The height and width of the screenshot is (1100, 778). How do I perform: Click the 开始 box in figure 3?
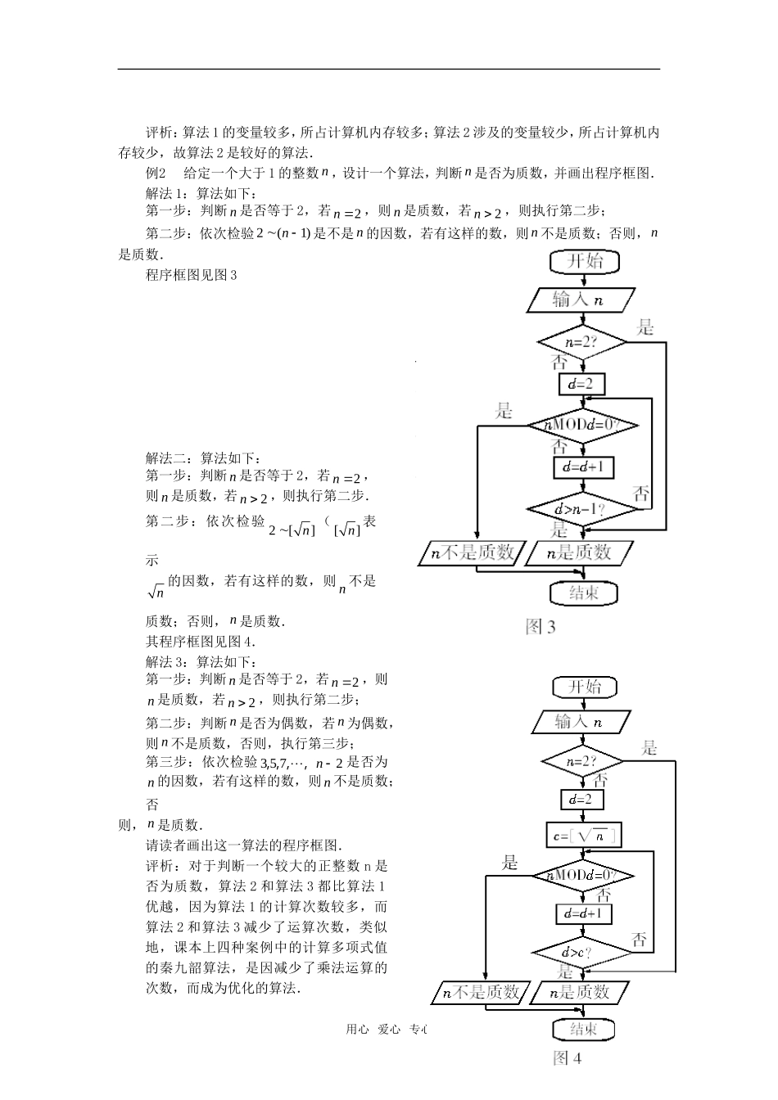point(584,261)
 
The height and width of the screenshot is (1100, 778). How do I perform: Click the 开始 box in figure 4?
point(584,687)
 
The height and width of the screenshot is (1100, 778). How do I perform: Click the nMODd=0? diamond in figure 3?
point(582,425)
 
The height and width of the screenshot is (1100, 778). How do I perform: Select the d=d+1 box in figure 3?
point(582,467)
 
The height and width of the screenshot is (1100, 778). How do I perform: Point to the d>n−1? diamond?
point(582,510)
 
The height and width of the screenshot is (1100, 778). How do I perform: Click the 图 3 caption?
point(541,628)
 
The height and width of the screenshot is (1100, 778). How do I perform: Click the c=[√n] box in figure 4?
point(582,836)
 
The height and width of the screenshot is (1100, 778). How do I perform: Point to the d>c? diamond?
point(582,953)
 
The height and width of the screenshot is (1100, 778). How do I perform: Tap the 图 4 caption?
point(567,1057)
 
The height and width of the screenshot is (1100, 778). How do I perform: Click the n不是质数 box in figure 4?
point(479,993)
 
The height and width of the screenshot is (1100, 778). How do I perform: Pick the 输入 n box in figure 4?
point(582,723)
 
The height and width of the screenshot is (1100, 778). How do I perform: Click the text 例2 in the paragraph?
point(156,173)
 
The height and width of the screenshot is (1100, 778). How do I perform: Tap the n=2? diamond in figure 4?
point(582,761)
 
